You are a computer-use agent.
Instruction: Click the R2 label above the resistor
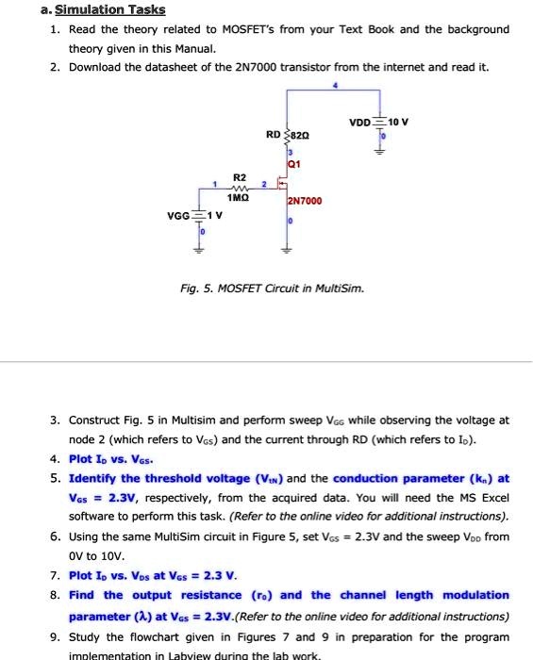[x=239, y=177]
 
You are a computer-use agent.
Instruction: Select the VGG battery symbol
[x=197, y=215]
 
